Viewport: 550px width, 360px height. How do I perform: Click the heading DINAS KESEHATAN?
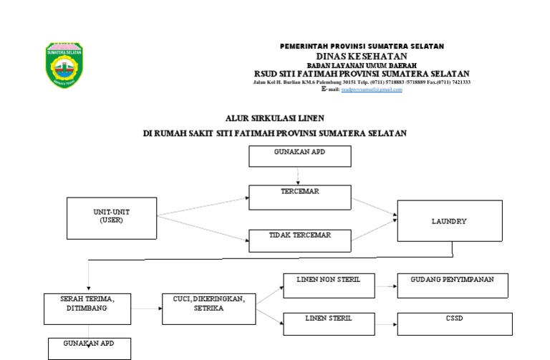pyautogui.click(x=362, y=56)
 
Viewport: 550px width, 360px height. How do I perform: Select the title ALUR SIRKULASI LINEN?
pyautogui.click(x=264, y=119)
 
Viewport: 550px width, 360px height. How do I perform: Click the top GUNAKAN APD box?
pyautogui.click(x=299, y=156)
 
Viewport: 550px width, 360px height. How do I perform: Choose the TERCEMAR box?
pyautogui.click(x=299, y=197)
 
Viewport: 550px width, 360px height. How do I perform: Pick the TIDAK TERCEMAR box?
pyautogui.click(x=299, y=240)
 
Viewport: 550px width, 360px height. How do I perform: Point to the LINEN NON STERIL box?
pyautogui.click(x=329, y=285)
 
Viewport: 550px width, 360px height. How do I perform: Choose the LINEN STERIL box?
pyautogui.click(x=329, y=323)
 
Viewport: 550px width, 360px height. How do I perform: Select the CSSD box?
pyautogui.click(x=455, y=323)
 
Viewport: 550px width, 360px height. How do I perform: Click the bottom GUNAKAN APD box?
pyautogui.click(x=90, y=349)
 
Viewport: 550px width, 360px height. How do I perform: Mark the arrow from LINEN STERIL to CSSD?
pyautogui.click(x=385, y=324)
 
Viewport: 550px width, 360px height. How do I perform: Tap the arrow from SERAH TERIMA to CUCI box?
pyautogui.click(x=146, y=309)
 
